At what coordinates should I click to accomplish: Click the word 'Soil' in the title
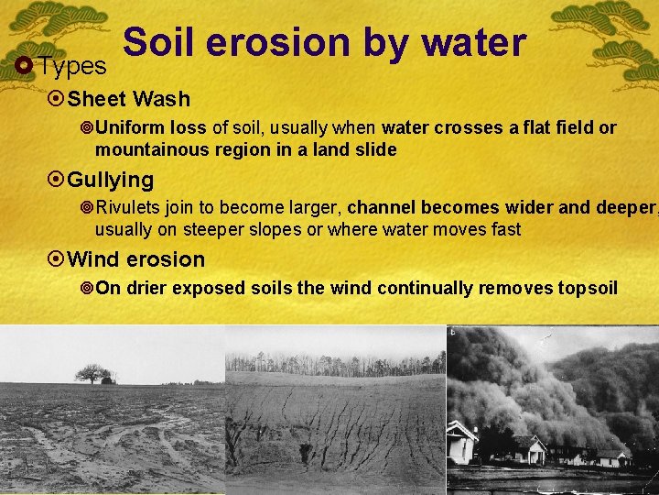coord(158,43)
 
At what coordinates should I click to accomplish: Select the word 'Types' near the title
coord(72,66)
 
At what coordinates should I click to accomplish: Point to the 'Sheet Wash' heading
coord(128,99)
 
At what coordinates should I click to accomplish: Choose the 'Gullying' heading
coord(110,180)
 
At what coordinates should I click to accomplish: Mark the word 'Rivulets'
coord(128,208)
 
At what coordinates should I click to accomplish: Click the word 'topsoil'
coord(588,289)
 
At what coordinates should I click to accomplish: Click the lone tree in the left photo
coord(92,373)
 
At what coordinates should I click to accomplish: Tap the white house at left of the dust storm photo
coord(461,442)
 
